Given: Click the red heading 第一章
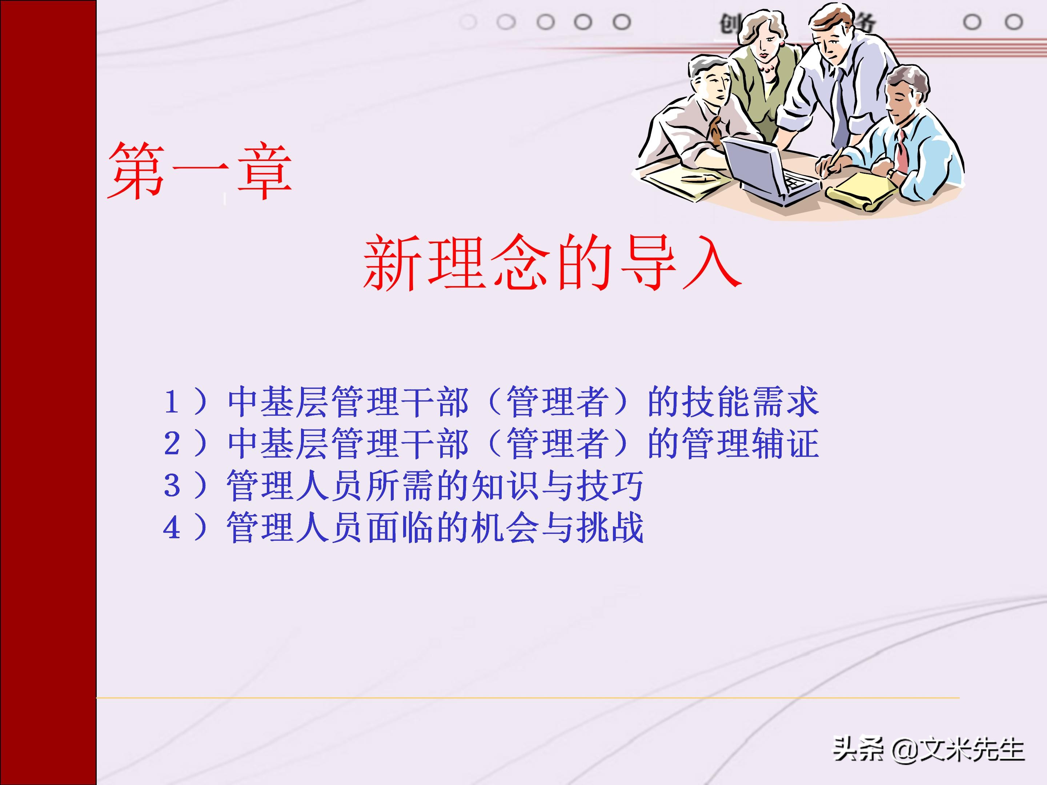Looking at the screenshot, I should [x=199, y=171].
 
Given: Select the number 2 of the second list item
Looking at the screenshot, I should [x=171, y=443].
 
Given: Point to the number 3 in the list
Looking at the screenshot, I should [x=171, y=486].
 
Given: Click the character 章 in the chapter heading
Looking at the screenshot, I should [x=264, y=171].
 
